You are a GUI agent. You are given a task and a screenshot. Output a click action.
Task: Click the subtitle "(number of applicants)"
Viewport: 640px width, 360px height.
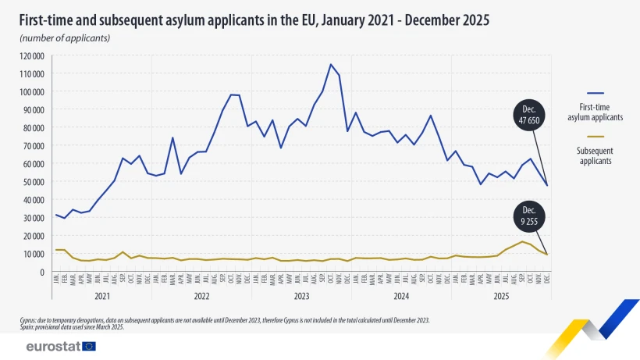[65, 37]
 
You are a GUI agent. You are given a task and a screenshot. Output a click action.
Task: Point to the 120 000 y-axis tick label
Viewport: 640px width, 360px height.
[32, 55]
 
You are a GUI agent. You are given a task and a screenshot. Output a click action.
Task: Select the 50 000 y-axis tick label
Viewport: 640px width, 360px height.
[34, 181]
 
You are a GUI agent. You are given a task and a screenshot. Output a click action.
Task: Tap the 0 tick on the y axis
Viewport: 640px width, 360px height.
[42, 272]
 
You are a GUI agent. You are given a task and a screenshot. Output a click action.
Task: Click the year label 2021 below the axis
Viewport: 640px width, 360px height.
[101, 297]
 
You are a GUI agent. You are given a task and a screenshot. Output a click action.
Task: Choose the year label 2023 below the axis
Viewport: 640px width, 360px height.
[301, 297]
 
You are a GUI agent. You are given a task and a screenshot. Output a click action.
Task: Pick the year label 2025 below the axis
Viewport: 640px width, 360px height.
[501, 297]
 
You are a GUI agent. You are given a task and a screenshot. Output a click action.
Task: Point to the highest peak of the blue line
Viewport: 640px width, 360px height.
[331, 64]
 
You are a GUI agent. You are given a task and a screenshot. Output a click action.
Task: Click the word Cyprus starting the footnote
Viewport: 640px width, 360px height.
[30, 320]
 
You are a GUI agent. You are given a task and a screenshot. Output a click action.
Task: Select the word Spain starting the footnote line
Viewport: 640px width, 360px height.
[28, 327]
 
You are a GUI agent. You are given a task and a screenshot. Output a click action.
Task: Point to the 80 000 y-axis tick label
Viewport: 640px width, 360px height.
[34, 127]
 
